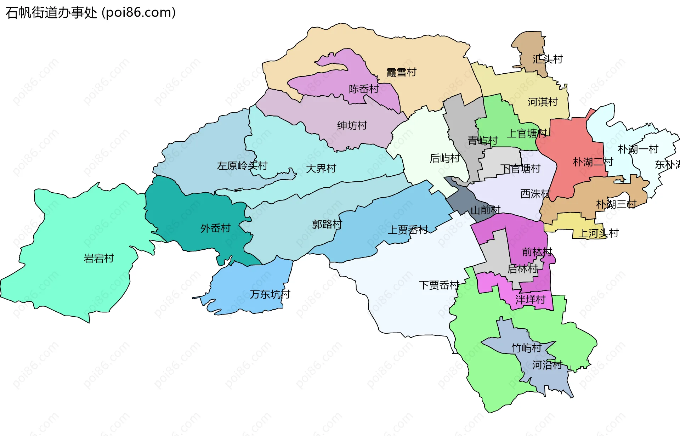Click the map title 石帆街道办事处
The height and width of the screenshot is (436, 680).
pyautogui.click(x=51, y=13)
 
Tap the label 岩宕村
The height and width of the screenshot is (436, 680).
pyautogui.click(x=99, y=259)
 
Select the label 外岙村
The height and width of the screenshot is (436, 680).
pyautogui.click(x=215, y=228)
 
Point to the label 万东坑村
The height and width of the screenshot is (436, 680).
pyautogui.click(x=270, y=294)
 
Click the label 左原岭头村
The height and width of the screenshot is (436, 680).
pyautogui.click(x=242, y=166)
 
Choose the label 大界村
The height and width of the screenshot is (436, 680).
pyautogui.click(x=321, y=169)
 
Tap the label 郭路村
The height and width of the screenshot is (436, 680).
pyautogui.click(x=327, y=224)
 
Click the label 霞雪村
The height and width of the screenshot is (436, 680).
pyautogui.click(x=401, y=73)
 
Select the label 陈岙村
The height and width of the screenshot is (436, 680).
pyautogui.click(x=364, y=89)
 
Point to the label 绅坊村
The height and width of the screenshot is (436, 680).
pyautogui.click(x=352, y=125)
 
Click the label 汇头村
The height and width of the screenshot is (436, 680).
pyautogui.click(x=548, y=59)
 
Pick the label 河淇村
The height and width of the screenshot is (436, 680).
pyautogui.click(x=543, y=102)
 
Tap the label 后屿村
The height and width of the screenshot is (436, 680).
pyautogui.click(x=444, y=158)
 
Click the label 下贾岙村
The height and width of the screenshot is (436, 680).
pyautogui.click(x=439, y=285)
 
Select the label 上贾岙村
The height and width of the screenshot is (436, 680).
pyautogui.click(x=408, y=230)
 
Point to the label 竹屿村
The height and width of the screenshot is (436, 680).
pyautogui.click(x=526, y=348)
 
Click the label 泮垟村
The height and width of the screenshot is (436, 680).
pyautogui.click(x=530, y=300)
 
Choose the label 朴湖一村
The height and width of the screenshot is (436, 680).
pyautogui.click(x=638, y=149)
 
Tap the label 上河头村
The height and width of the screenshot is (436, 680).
pyautogui.click(x=598, y=233)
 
